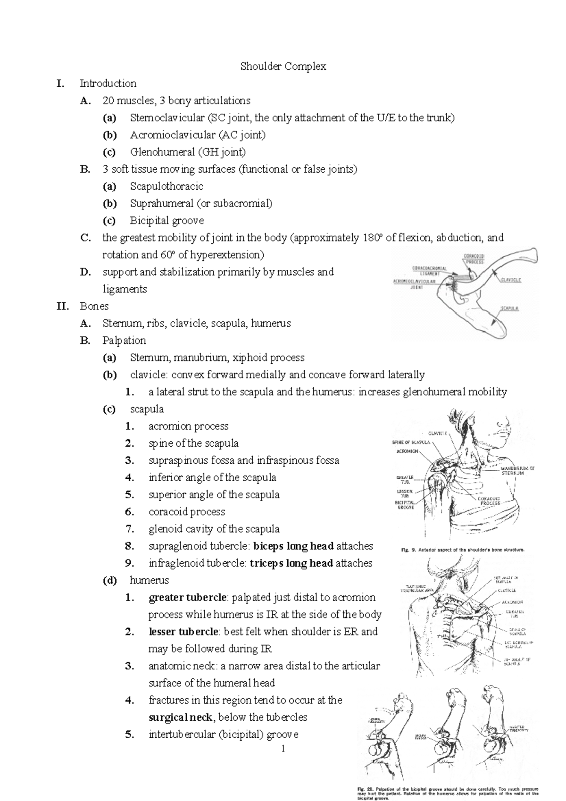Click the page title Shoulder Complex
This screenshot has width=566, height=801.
283,67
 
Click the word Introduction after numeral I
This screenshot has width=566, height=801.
108,83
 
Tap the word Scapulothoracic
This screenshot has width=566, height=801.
166,186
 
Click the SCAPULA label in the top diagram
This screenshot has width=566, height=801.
510,308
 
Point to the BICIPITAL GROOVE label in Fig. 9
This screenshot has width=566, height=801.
405,505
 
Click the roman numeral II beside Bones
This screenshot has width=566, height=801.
62,307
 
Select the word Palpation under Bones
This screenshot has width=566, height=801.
124,341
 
